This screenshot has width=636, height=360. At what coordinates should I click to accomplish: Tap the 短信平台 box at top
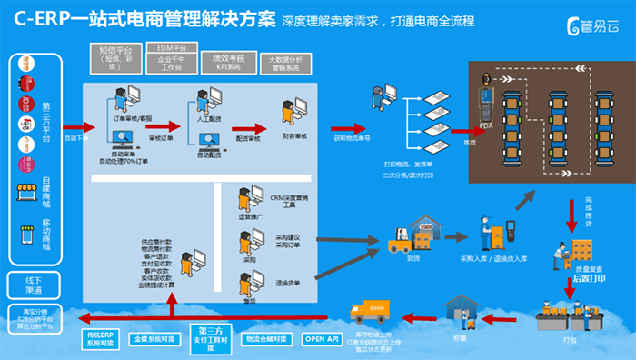click(115, 57)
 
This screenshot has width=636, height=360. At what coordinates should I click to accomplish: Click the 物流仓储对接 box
click(266, 339)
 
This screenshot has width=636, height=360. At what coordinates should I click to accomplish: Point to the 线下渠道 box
click(33, 284)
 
